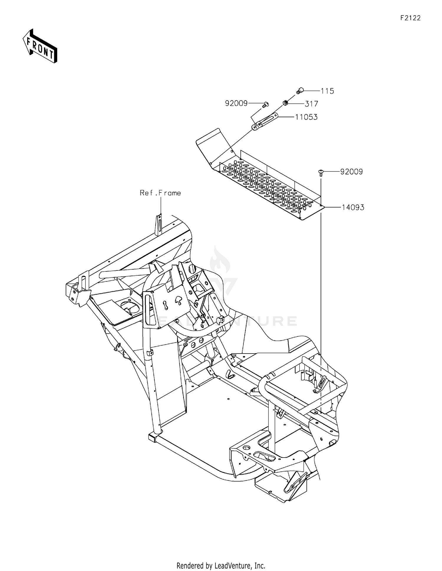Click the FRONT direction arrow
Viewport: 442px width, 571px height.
pos(40,46)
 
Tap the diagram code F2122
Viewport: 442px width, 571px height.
pos(410,18)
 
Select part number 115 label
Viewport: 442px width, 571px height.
pos(327,91)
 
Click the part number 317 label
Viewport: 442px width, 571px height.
pos(311,104)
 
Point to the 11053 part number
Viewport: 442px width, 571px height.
pos(306,117)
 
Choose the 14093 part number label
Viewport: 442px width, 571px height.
pos(353,207)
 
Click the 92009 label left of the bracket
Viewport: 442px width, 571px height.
pos(236,103)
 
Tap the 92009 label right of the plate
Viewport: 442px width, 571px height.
pos(352,171)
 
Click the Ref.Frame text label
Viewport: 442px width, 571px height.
pos(160,193)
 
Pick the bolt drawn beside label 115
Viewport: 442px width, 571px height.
pos(300,90)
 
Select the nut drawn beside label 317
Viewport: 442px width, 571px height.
pos(285,103)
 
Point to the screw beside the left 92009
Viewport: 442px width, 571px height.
pos(265,104)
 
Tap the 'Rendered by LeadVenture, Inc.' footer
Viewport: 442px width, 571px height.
pos(221,557)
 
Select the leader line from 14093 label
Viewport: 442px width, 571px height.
pos(333,207)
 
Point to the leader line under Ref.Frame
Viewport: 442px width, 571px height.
pos(161,206)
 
